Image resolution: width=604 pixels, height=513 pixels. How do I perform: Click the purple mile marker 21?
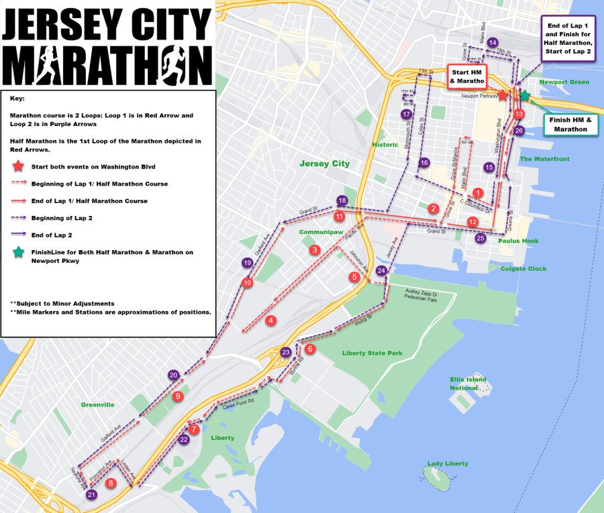92,494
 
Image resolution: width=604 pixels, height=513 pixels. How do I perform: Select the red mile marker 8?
111,482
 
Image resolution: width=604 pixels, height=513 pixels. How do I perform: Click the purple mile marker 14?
493,42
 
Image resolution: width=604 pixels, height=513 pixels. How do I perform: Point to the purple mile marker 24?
381,270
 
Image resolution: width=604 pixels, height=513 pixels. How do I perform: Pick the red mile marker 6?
309,349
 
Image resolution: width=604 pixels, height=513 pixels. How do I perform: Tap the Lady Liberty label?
448,463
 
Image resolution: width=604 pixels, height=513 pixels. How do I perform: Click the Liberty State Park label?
372,353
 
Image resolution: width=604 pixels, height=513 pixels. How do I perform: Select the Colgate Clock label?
523,268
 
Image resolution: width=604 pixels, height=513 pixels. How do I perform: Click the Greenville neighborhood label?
98,404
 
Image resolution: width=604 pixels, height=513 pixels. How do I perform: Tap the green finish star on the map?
524,97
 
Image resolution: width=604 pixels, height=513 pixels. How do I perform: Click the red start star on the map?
503,95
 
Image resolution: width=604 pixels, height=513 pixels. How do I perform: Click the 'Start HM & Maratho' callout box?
467,76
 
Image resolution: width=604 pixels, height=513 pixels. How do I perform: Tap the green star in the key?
19,252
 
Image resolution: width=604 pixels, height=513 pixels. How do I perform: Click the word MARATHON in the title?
107,65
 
